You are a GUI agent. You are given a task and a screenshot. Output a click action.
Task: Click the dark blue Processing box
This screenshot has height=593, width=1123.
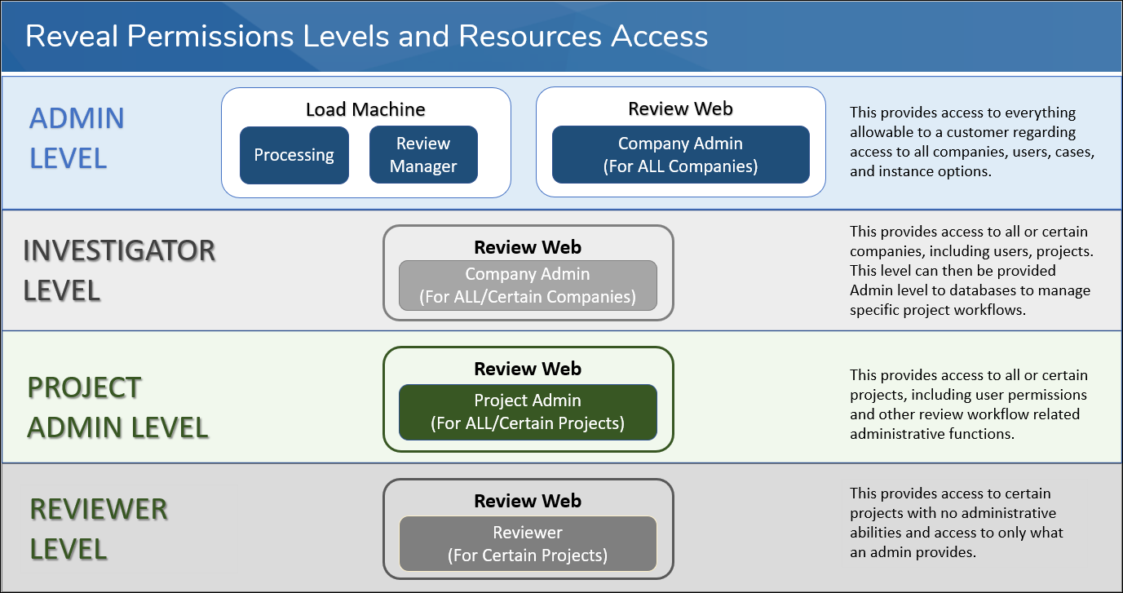coord(294,155)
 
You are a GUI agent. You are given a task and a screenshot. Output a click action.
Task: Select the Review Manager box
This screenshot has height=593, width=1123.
coord(423,155)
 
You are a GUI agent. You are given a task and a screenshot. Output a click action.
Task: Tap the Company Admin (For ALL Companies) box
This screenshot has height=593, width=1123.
coord(680,155)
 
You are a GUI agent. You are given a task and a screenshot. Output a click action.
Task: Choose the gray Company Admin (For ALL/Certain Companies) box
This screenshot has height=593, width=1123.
coord(528,285)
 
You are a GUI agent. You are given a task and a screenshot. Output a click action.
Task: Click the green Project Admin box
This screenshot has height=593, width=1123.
coord(528,412)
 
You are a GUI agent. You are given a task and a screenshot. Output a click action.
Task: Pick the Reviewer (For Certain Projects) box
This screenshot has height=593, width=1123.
coord(528,543)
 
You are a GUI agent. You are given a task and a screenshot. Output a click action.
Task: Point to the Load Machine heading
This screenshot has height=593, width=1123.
coord(365,109)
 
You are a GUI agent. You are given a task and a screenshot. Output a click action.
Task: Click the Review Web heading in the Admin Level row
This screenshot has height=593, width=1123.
coord(680,109)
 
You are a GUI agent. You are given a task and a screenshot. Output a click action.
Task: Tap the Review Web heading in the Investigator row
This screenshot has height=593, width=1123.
coord(528,247)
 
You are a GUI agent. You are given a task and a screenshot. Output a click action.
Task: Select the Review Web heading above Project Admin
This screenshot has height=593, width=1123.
coord(528,370)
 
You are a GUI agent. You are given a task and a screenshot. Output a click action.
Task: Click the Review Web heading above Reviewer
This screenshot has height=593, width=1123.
coord(528,501)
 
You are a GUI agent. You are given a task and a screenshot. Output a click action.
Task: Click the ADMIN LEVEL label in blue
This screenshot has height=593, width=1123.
coord(77,138)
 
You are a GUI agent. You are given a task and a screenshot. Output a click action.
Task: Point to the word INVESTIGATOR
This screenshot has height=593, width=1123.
coord(119,251)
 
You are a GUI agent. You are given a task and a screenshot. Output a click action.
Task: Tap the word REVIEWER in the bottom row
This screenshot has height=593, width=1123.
coord(99,510)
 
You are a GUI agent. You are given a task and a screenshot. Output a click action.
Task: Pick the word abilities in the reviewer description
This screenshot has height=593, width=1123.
coord(876,533)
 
